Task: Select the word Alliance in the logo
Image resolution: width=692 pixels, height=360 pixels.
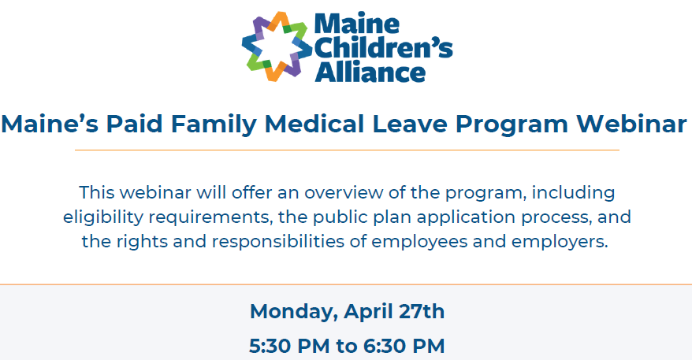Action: point(370,72)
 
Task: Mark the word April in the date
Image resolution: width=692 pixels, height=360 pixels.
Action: point(365,312)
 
